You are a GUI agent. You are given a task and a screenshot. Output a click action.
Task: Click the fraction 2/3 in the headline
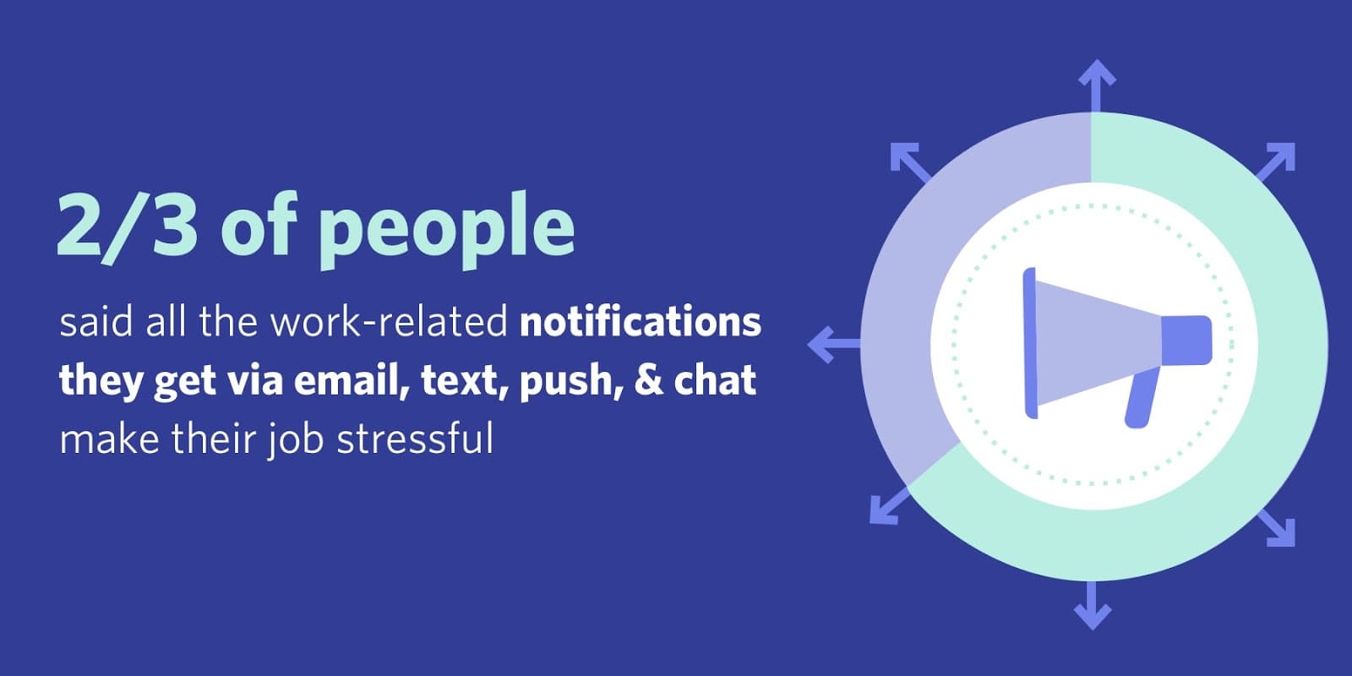coord(127,226)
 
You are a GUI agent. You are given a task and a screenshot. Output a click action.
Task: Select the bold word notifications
coord(641,322)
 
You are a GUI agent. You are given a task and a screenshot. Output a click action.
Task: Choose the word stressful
coord(415,438)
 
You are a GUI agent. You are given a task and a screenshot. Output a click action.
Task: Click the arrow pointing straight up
coord(1097,85)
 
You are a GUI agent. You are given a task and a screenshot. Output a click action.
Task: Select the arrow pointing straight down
coord(1092,605)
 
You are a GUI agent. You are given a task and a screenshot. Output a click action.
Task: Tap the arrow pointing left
coord(834,344)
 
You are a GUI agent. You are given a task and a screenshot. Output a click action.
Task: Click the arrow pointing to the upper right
coord(1277,161)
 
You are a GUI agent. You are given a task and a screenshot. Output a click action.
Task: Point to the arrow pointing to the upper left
coord(911,162)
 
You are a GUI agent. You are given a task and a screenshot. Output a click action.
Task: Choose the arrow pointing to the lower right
coord(1277,528)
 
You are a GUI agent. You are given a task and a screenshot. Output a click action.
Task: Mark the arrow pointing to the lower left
coord(890,506)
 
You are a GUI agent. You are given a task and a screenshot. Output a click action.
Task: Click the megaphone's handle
coord(1142,397)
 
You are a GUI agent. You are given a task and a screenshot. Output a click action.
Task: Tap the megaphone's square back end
coord(1186,341)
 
